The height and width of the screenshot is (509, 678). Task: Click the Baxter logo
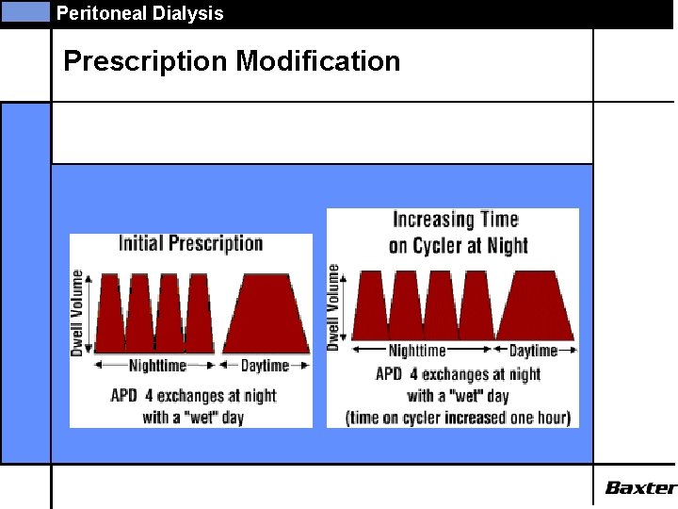[640, 487]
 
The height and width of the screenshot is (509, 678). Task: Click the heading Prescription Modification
[232, 62]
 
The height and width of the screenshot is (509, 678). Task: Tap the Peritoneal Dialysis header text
[139, 13]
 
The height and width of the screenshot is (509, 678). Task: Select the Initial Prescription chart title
[191, 243]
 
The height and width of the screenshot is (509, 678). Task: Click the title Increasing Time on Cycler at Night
[456, 232]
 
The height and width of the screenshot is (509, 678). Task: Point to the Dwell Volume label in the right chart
[333, 307]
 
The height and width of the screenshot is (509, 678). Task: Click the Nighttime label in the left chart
[157, 365]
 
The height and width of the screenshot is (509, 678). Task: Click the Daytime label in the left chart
[265, 365]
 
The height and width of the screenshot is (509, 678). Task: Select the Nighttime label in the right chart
[417, 351]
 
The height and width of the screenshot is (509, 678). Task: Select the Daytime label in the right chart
[534, 351]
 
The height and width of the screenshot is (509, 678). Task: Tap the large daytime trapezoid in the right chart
[534, 304]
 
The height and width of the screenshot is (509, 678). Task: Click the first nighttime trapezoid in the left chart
[110, 313]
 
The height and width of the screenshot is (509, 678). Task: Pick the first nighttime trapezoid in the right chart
[369, 304]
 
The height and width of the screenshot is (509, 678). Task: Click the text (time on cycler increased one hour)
[458, 418]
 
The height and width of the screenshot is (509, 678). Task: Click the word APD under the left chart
[124, 395]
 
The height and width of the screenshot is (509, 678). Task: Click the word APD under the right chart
[389, 374]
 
